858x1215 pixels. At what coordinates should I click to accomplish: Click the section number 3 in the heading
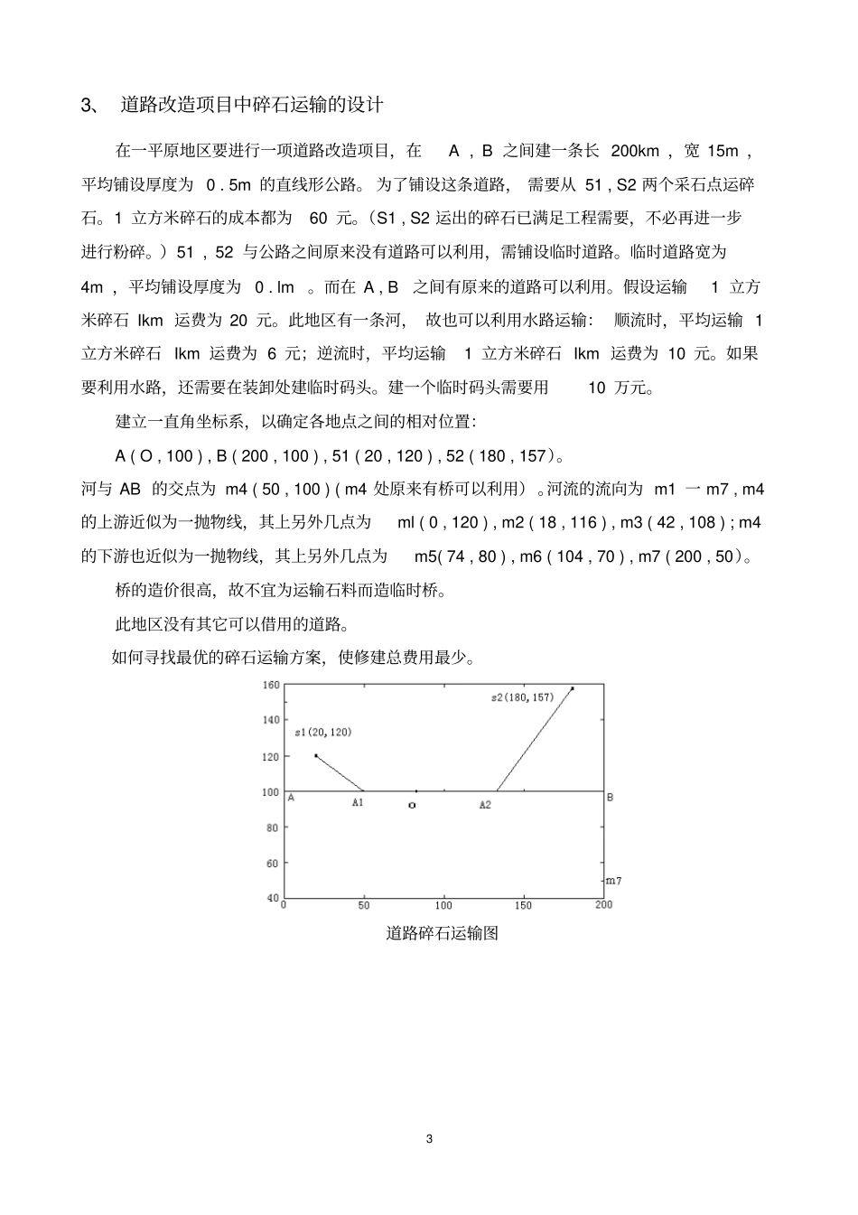click(87, 106)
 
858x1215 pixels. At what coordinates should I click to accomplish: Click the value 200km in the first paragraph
click(635, 151)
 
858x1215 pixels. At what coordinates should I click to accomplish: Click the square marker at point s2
click(572, 688)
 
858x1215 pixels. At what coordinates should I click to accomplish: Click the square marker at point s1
click(315, 755)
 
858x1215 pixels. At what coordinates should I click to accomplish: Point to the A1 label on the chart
click(358, 803)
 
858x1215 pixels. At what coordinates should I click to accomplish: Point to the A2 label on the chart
click(485, 804)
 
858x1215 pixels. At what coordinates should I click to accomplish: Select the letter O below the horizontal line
click(412, 805)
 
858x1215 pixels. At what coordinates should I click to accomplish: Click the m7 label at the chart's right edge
click(613, 880)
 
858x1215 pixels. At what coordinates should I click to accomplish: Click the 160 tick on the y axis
click(270, 685)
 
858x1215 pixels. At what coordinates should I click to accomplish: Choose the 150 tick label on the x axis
click(523, 905)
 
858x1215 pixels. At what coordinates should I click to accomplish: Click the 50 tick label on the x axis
click(364, 905)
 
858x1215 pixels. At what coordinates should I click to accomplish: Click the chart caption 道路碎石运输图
click(443, 933)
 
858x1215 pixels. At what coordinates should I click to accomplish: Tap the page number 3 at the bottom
click(429, 1138)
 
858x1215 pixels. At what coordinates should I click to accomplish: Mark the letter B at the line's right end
click(610, 798)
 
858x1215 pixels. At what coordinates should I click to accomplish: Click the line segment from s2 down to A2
click(535, 740)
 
